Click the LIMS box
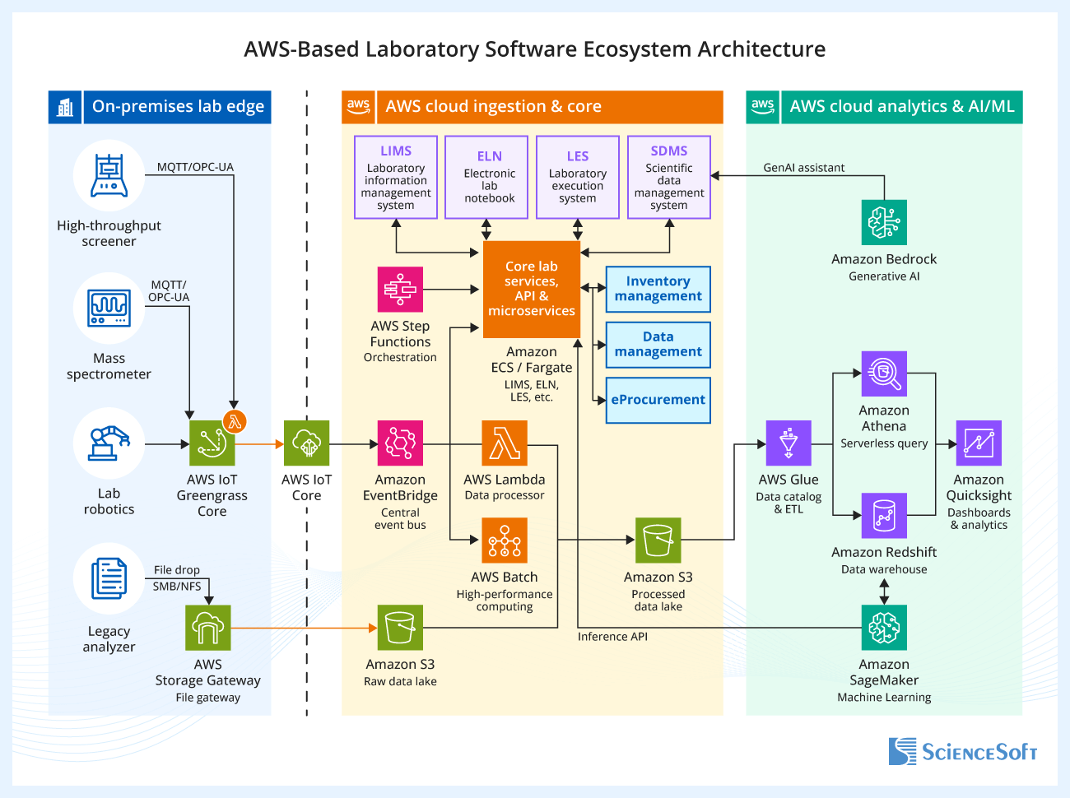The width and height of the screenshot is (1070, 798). pyautogui.click(x=395, y=178)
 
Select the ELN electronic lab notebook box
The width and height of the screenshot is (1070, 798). pyautogui.click(x=486, y=178)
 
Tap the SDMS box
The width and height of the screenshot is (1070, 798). pyautogui.click(x=668, y=178)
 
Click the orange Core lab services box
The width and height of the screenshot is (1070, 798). pyautogui.click(x=531, y=289)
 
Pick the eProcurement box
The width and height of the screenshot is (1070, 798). pyautogui.click(x=658, y=400)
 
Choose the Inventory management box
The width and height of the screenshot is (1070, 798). pyautogui.click(x=658, y=289)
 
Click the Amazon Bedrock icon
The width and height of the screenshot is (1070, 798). pyautogui.click(x=884, y=222)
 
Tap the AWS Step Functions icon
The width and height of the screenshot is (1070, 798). pyautogui.click(x=400, y=289)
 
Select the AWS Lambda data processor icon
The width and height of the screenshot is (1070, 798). pyautogui.click(x=505, y=443)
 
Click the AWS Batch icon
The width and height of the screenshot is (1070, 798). pyautogui.click(x=505, y=541)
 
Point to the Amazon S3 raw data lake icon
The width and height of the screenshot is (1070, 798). pyautogui.click(x=400, y=628)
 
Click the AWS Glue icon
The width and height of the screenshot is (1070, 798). pyautogui.click(x=789, y=443)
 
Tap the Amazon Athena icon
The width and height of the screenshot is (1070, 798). pyautogui.click(x=884, y=374)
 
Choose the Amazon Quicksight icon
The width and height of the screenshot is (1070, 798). pyautogui.click(x=979, y=443)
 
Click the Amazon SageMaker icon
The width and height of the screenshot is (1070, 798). pyautogui.click(x=884, y=628)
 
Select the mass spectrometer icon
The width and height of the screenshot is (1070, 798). pyautogui.click(x=109, y=309)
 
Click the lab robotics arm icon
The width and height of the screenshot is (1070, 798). pyautogui.click(x=109, y=443)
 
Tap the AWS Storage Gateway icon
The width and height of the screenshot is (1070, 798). pyautogui.click(x=208, y=628)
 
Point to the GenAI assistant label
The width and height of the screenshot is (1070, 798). pyautogui.click(x=803, y=168)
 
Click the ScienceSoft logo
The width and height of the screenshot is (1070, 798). pyautogui.click(x=962, y=752)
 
